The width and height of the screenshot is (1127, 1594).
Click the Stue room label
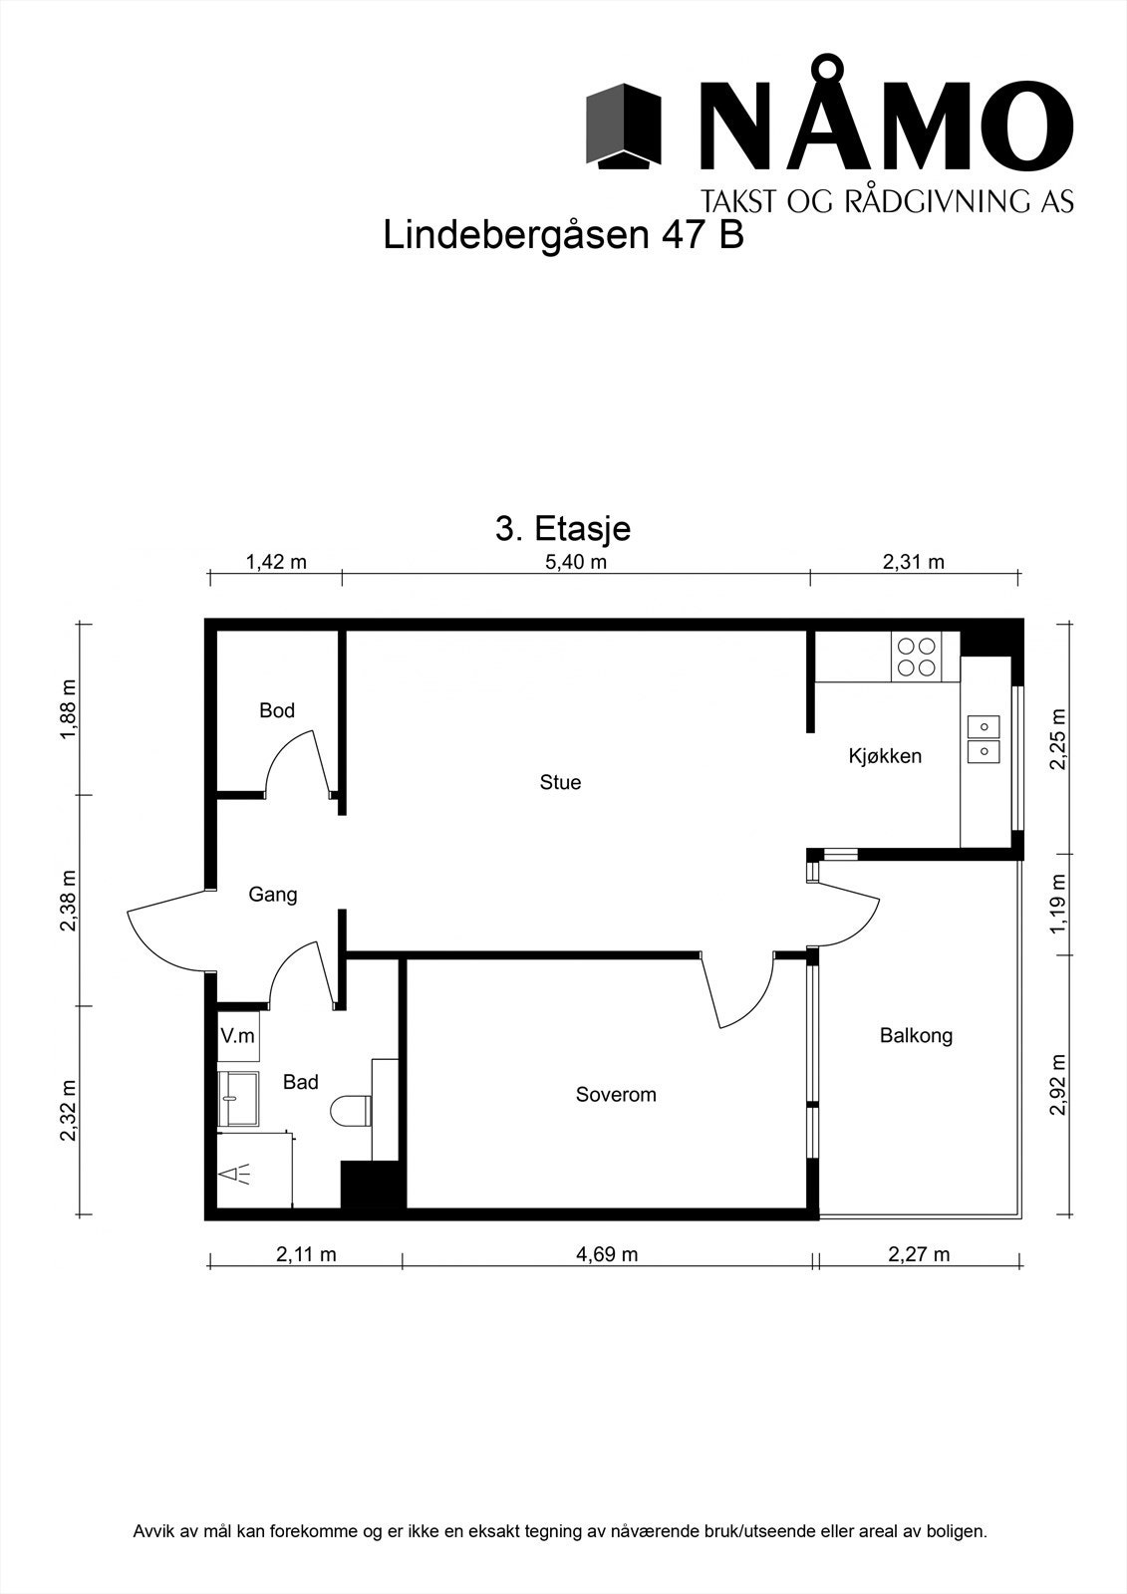(x=560, y=783)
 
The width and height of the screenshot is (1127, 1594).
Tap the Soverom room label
(x=616, y=1095)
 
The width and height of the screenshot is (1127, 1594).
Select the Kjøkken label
(x=885, y=756)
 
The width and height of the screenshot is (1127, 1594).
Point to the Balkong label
(x=916, y=1036)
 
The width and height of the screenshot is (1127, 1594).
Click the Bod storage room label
(x=277, y=711)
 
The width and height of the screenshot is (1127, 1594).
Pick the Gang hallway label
(x=273, y=895)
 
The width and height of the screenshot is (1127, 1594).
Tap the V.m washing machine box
(x=238, y=1036)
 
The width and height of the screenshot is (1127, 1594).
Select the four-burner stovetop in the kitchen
(x=917, y=657)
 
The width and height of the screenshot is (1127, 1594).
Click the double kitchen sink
(x=984, y=738)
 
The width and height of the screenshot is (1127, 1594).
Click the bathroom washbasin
(x=237, y=1099)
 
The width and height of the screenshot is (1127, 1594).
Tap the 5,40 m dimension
(x=576, y=562)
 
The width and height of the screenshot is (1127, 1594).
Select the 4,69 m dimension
(x=607, y=1254)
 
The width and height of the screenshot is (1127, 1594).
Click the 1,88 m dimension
(x=68, y=709)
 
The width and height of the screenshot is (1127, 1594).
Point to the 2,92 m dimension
(x=1058, y=1086)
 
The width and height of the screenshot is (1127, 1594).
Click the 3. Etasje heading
(x=563, y=528)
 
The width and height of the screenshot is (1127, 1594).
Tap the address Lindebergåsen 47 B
(x=563, y=236)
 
